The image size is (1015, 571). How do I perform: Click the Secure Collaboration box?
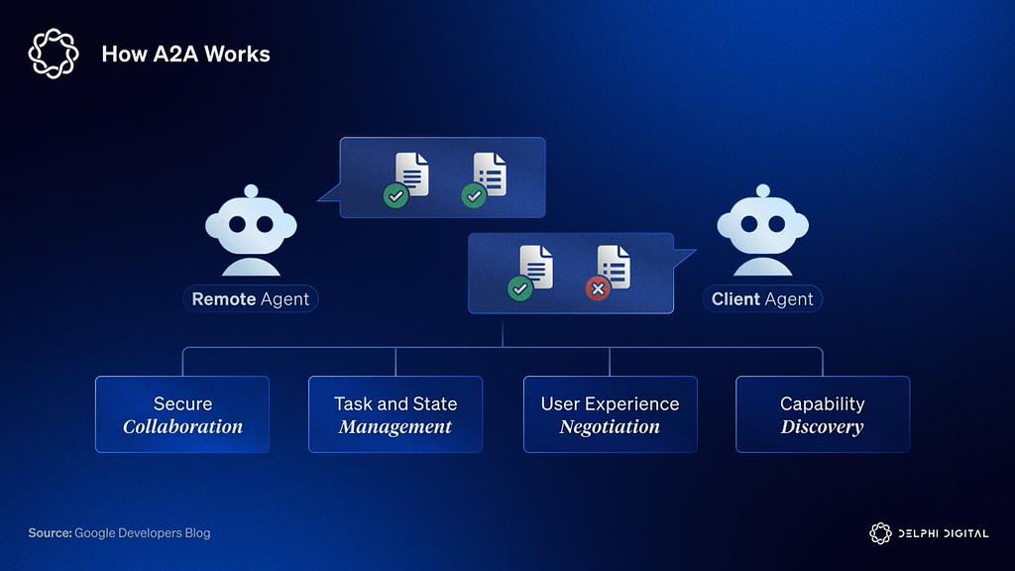click(182, 414)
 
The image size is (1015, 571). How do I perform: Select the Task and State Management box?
click(395, 414)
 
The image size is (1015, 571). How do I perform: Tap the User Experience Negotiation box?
click(610, 414)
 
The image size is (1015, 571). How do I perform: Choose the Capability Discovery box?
click(823, 414)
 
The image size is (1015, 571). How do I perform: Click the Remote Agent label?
click(251, 299)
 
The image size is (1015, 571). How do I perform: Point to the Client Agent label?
click(762, 299)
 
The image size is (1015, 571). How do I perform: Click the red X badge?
click(597, 288)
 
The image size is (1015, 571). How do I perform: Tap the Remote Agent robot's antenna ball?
click(251, 190)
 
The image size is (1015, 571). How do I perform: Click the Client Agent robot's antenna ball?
click(762, 190)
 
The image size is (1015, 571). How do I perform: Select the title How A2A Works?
click(185, 54)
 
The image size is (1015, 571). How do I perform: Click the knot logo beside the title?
click(54, 54)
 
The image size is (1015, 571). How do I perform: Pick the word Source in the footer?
click(50, 533)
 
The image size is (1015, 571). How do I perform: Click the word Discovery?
click(822, 427)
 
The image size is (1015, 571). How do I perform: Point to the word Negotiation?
click(610, 427)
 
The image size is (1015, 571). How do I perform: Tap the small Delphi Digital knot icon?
click(880, 533)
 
